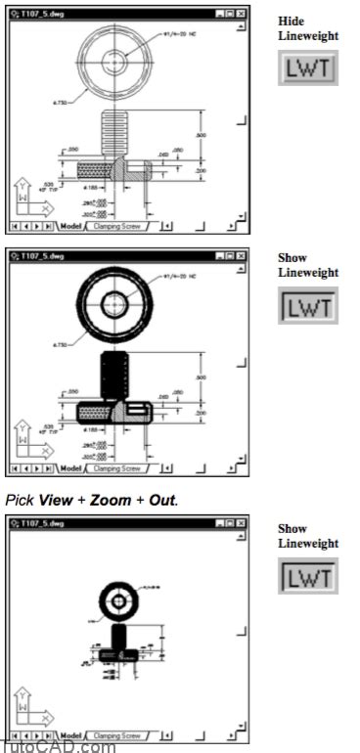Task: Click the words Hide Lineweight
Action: (307, 28)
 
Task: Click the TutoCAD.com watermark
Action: (58, 746)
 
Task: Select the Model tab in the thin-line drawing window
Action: (69, 225)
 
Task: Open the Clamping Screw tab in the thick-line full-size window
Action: (118, 468)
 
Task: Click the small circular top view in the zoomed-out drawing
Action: (125, 594)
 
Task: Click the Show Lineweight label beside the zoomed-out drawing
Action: (307, 536)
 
